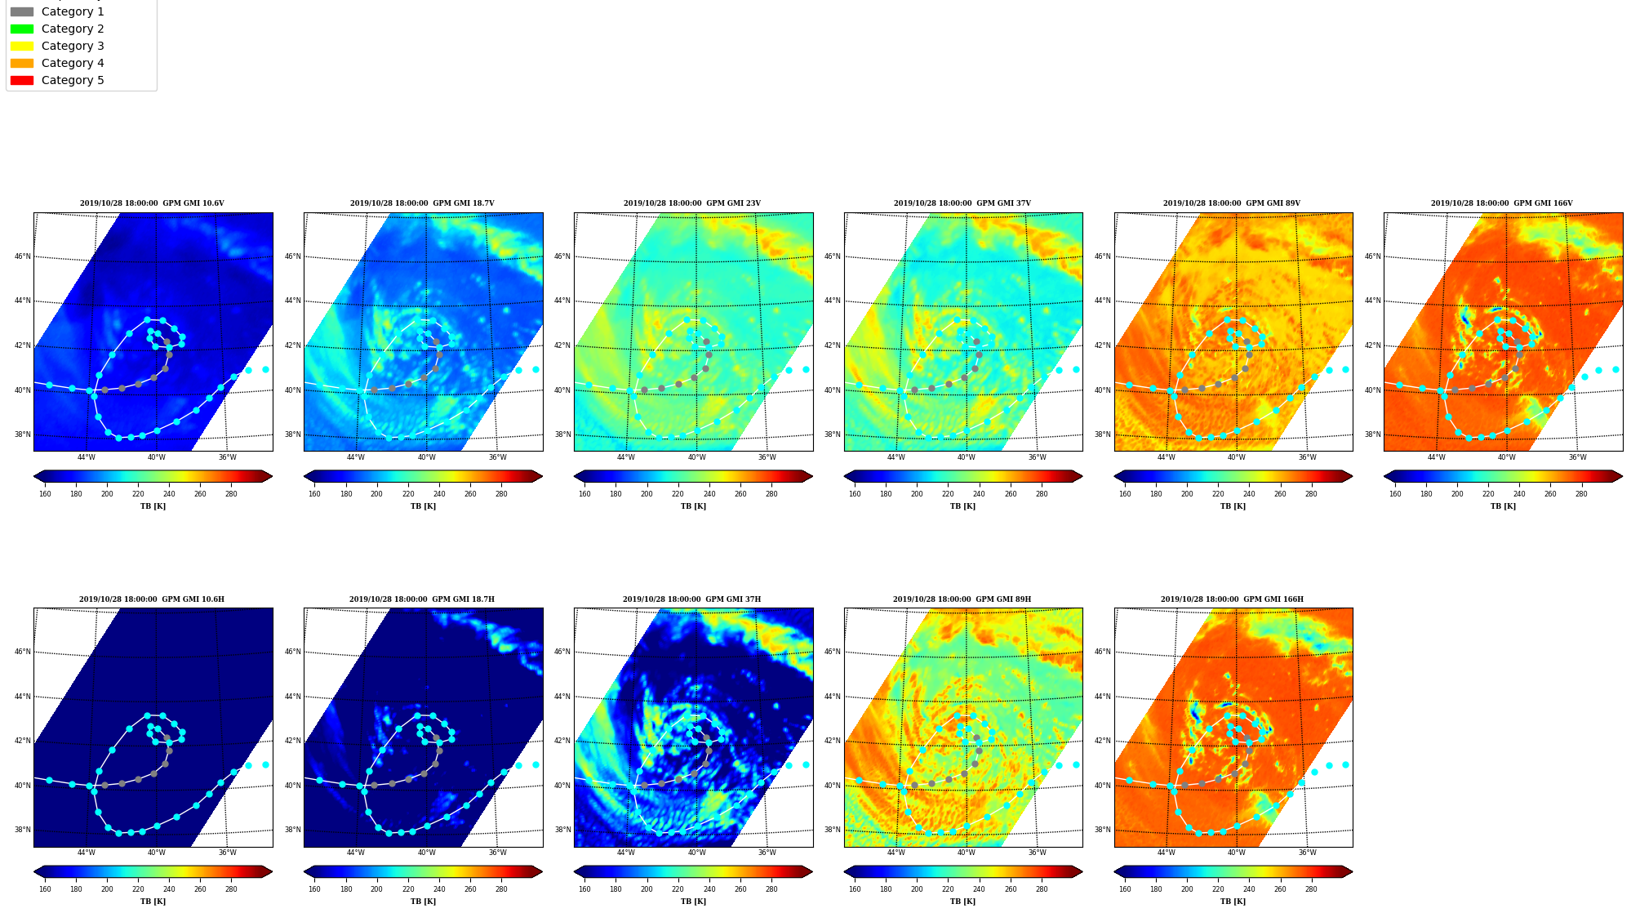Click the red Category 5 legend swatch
click(22, 80)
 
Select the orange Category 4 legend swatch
click(22, 63)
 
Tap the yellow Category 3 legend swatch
click(22, 46)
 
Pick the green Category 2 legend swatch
click(22, 29)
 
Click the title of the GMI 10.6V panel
click(152, 203)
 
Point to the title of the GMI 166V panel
click(1502, 203)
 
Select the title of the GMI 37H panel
click(692, 599)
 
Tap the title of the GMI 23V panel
click(692, 203)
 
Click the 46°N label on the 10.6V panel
click(23, 256)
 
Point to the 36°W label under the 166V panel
click(1577, 457)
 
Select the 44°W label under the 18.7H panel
click(356, 853)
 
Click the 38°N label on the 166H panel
click(1103, 830)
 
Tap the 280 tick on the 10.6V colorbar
click(231, 493)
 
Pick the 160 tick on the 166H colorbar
click(1125, 889)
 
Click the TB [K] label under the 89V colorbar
click(1233, 506)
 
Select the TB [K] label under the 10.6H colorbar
click(153, 902)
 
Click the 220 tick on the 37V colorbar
click(948, 493)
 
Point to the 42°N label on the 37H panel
click(562, 741)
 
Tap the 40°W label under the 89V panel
click(1237, 457)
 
